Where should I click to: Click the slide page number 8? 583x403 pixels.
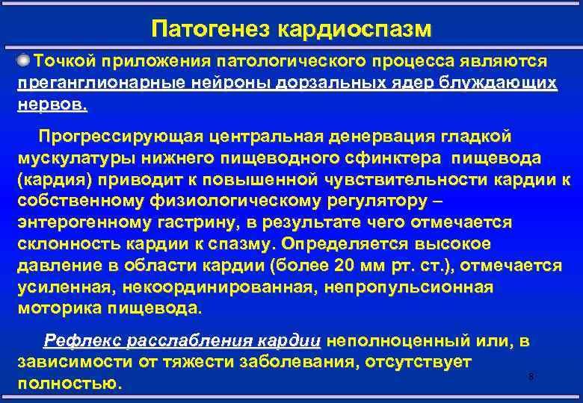[x=531, y=377]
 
